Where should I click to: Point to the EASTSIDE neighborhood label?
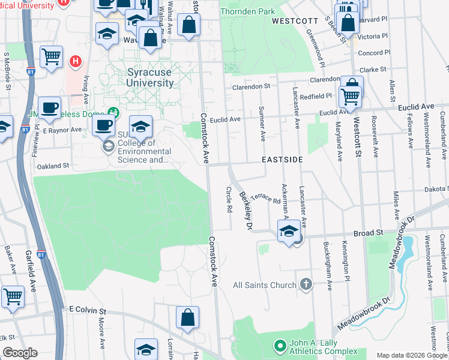(x=282, y=161)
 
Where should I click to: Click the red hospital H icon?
(x=76, y=61)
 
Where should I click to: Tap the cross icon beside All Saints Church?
(x=306, y=284)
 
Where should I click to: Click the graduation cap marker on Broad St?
(x=289, y=231)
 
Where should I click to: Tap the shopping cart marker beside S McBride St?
(x=52, y=57)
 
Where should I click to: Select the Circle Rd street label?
(x=229, y=200)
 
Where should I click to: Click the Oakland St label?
(x=55, y=165)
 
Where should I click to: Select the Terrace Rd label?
(x=265, y=197)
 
